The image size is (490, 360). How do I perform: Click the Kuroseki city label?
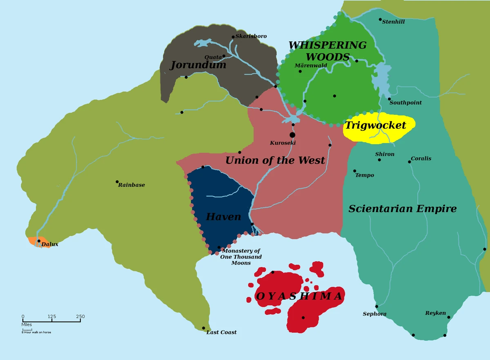[283, 143]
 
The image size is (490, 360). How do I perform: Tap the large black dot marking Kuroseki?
[292, 135]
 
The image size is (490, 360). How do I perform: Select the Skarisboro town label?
[251, 36]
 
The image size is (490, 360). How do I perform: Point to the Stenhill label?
[393, 22]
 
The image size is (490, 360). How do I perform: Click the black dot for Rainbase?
[117, 182]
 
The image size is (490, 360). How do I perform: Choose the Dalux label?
[50, 244]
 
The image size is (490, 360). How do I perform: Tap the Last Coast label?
[221, 332]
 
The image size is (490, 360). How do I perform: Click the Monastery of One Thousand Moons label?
[241, 257]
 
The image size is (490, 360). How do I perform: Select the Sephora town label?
[374, 314]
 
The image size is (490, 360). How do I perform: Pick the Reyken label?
[435, 313]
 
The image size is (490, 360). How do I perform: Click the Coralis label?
[421, 159]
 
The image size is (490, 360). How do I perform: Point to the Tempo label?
[365, 175]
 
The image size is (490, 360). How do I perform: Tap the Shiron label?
[385, 154]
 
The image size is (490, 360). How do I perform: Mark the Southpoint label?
[405, 103]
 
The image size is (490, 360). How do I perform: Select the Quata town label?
[213, 57]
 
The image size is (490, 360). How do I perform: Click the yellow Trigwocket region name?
[376, 125]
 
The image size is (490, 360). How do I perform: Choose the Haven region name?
[223, 217]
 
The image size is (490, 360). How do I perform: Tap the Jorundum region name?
[198, 65]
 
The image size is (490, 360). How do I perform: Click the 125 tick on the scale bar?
[51, 317]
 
